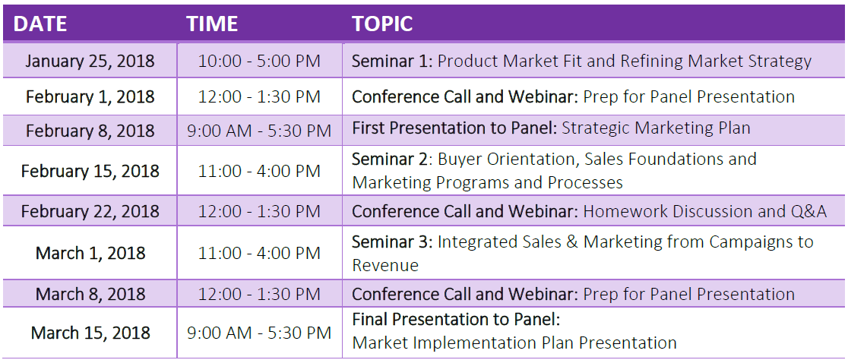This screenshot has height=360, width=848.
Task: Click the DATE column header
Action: [40, 24]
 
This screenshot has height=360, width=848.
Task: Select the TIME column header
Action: [212, 24]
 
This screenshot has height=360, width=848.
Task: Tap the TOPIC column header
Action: [382, 24]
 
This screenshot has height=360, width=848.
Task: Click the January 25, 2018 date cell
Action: [90, 61]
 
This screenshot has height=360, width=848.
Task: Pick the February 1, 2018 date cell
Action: [90, 96]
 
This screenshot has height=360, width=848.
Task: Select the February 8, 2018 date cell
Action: [90, 131]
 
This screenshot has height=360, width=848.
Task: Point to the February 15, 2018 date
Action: [90, 171]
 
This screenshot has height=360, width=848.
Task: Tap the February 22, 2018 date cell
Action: [90, 211]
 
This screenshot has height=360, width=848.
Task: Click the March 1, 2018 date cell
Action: [90, 253]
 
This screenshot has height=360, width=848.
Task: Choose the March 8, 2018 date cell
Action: [90, 294]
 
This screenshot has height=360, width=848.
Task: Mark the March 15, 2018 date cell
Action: [90, 333]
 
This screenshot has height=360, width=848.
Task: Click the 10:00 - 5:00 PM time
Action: [259, 61]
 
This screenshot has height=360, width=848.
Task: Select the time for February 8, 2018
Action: [259, 131]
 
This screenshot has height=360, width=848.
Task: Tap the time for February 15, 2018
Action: [259, 171]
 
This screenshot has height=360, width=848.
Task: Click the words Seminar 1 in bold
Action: [390, 61]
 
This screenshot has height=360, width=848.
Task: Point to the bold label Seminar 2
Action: [390, 159]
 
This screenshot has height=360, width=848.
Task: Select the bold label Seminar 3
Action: [390, 241]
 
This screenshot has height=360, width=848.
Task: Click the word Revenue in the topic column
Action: [385, 265]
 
